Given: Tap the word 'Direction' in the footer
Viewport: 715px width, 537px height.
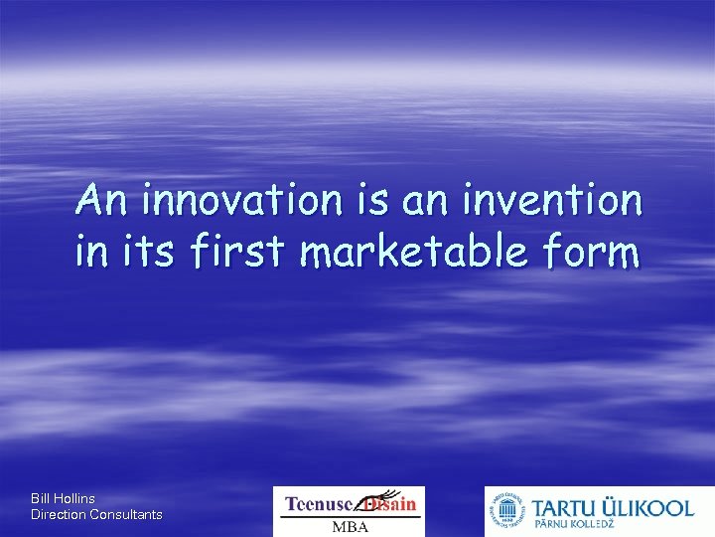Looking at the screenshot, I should pyautogui.click(x=59, y=514).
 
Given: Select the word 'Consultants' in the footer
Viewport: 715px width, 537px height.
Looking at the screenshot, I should pyautogui.click(x=126, y=514).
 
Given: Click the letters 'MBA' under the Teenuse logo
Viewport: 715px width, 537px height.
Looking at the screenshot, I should pyautogui.click(x=349, y=526).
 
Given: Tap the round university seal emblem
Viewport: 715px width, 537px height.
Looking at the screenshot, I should pyautogui.click(x=506, y=512).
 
